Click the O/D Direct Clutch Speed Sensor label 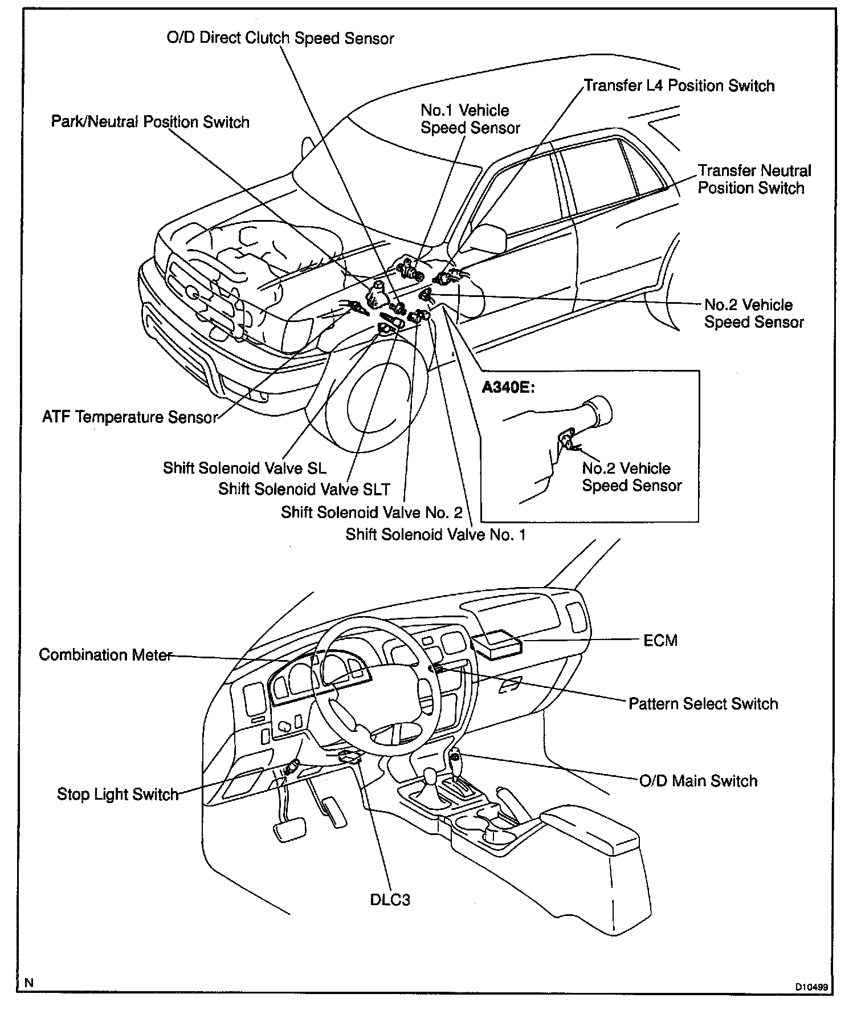[280, 38]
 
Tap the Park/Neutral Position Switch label [150, 122]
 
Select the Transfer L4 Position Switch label [679, 86]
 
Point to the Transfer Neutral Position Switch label [754, 180]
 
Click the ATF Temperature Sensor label [130, 417]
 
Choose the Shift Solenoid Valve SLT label [304, 489]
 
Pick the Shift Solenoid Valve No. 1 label [435, 535]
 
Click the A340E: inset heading [507, 388]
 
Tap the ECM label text [660, 640]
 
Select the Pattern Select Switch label [703, 704]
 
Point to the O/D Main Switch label [698, 780]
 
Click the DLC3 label [390, 899]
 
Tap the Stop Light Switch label [117, 794]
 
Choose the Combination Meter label [105, 654]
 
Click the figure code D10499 [812, 987]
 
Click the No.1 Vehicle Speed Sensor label [470, 119]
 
